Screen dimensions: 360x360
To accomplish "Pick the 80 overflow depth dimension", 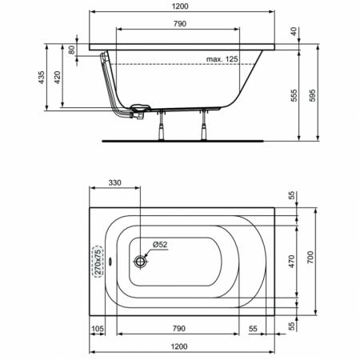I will (73, 50).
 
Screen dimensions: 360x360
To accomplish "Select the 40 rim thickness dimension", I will (295, 31).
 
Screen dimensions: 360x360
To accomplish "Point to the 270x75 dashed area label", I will (98, 262).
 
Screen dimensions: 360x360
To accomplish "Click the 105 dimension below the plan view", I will (98, 329).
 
